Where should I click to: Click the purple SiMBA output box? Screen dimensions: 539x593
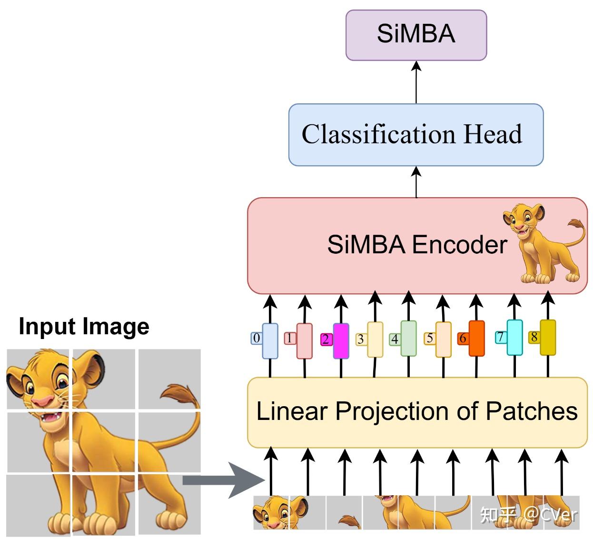[x=416, y=35]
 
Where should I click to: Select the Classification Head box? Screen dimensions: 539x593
[x=415, y=135]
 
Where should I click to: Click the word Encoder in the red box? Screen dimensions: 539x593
[x=459, y=245]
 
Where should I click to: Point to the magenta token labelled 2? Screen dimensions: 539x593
[x=341, y=340]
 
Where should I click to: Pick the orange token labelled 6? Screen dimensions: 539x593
[x=476, y=338]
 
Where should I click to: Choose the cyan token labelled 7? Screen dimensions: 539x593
[x=514, y=337]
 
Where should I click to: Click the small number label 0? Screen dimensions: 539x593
[x=257, y=338]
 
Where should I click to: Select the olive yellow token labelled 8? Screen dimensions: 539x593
[x=548, y=337]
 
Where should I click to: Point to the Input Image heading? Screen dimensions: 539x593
[x=84, y=327]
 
